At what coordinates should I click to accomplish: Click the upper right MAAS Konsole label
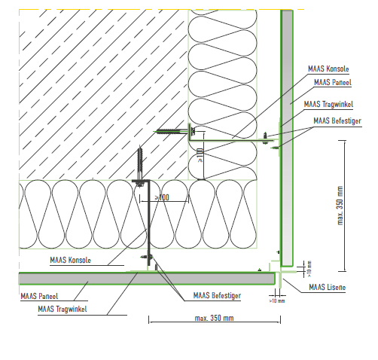pyautogui.click(x=328, y=69)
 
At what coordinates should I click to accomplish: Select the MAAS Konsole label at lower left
pyautogui.click(x=70, y=260)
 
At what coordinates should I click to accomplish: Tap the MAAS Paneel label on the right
pyautogui.click(x=333, y=82)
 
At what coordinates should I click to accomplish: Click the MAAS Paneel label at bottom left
pyautogui.click(x=39, y=296)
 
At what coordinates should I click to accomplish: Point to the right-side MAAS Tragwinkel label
pyautogui.click(x=328, y=104)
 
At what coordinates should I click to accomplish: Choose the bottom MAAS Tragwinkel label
pyautogui.click(x=62, y=309)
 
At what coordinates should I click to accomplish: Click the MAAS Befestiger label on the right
pyautogui.click(x=337, y=121)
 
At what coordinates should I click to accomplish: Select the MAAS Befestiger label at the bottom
pyautogui.click(x=217, y=295)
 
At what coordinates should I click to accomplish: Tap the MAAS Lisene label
pyautogui.click(x=328, y=287)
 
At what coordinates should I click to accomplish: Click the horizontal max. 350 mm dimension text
pyautogui.click(x=214, y=318)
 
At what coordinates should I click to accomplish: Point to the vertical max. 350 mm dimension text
pyautogui.click(x=340, y=206)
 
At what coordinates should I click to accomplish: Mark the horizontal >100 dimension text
pyautogui.click(x=162, y=197)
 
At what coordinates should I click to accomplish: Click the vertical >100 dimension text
pyautogui.click(x=200, y=155)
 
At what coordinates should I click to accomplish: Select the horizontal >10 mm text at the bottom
pyautogui.click(x=277, y=301)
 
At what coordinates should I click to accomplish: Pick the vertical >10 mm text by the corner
pyautogui.click(x=309, y=269)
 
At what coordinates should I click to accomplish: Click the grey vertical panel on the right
pyautogui.click(x=287, y=138)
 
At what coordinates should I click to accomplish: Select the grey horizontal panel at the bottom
pyautogui.click(x=147, y=279)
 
